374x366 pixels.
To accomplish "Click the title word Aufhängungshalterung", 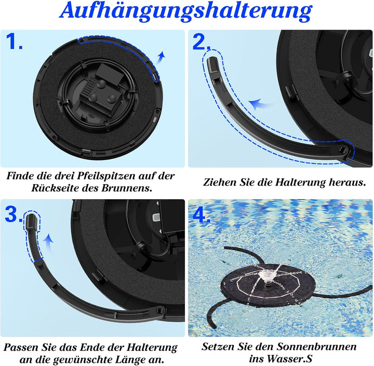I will click(187, 11).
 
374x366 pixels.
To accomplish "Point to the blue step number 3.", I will click(13, 213).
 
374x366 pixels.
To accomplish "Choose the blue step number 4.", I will click(201, 213).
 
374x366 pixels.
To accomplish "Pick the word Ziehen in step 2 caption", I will click(219, 182).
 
